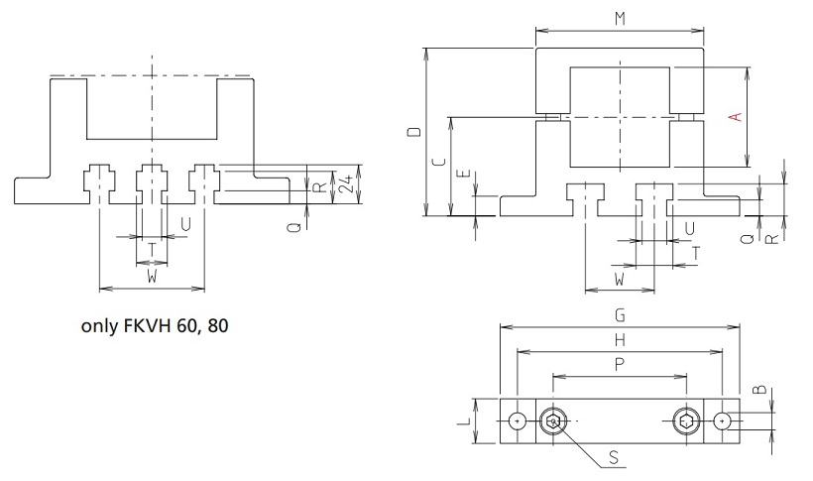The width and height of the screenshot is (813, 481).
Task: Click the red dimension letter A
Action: [x=735, y=117]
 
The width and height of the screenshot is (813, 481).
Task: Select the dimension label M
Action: [x=620, y=19]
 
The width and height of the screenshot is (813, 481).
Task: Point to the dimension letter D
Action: [x=413, y=131]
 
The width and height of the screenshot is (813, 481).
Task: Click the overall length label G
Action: [x=620, y=315]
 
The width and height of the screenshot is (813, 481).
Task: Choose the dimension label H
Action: [x=620, y=339]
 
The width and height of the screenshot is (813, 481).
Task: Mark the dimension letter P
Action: [x=620, y=364]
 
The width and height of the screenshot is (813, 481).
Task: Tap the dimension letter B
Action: [x=759, y=390]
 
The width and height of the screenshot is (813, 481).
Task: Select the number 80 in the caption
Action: [x=218, y=324]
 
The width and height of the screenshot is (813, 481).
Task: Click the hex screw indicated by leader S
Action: [x=553, y=422]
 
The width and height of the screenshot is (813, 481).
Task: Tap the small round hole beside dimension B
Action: [x=724, y=421]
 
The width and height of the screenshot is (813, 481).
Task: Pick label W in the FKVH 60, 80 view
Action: [x=152, y=278]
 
